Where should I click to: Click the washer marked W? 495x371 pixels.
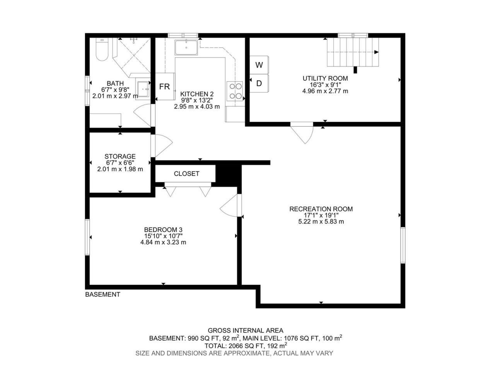[259, 65]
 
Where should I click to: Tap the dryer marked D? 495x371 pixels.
[259, 83]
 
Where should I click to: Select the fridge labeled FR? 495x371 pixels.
[165, 86]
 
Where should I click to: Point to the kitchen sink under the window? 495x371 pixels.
[186, 48]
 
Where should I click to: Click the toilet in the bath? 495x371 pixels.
[102, 49]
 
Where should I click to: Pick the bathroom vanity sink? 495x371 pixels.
[143, 89]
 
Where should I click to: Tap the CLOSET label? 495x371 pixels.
[186, 174]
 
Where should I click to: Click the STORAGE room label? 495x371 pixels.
[120, 157]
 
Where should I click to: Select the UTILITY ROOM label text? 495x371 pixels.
[325, 78]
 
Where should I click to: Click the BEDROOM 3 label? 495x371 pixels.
[163, 230]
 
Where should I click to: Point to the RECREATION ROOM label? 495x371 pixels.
[321, 209]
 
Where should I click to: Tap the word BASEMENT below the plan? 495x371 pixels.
[102, 294]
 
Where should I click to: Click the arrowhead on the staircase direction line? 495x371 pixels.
[376, 52]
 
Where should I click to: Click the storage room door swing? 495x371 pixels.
[162, 146]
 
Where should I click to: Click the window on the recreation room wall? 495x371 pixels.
[403, 245]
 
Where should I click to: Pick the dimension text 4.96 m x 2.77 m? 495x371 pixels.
[325, 91]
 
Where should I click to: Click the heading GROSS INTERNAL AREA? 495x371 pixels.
[245, 330]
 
